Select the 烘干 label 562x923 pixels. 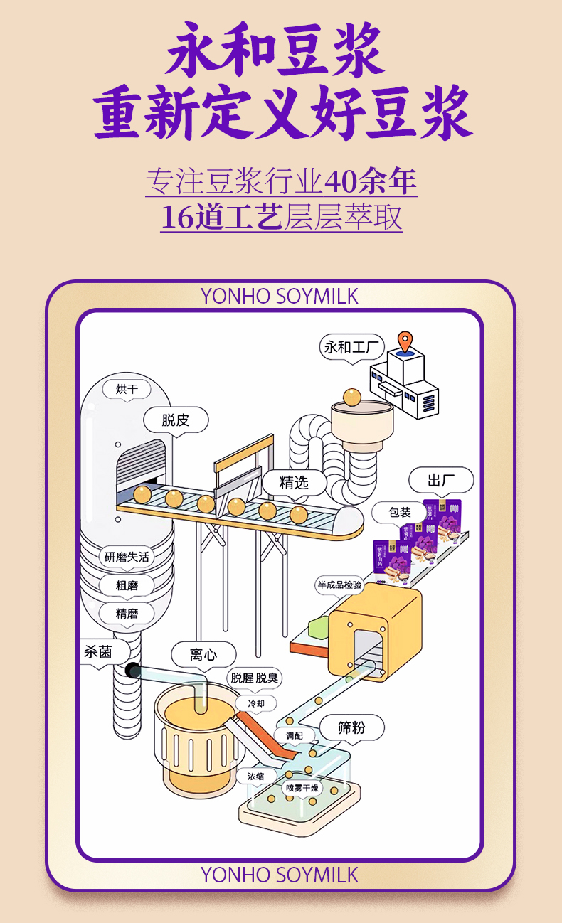127,389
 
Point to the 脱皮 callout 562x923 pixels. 176,420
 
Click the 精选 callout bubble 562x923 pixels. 293,483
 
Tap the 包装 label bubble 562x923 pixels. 399,512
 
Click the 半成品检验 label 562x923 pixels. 339,585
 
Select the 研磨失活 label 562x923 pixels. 127,557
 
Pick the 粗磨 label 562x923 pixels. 127,586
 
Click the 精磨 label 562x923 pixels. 127,613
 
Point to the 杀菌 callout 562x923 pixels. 98,651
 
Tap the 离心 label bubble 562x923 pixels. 203,655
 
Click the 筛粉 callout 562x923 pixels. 351,727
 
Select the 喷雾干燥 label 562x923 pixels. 302,788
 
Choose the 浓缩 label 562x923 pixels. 256,777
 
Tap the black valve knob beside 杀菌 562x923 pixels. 133,670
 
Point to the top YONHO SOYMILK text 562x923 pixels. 280,296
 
